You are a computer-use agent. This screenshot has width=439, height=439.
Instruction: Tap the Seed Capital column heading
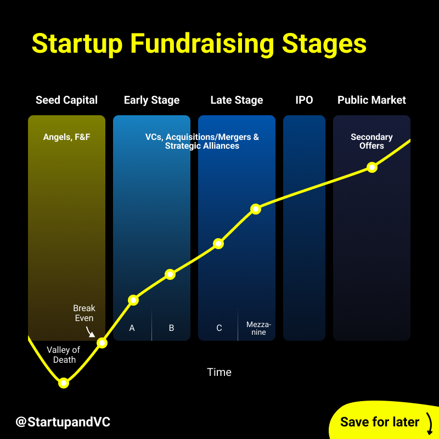point(66,100)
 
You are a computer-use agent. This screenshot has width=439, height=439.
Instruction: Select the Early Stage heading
point(151,100)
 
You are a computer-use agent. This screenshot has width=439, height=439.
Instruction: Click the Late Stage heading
point(237,100)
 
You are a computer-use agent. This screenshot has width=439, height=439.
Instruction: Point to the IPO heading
point(304,100)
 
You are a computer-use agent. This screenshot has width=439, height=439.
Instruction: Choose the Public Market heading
point(372,100)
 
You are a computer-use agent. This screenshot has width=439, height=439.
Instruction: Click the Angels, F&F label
point(66,137)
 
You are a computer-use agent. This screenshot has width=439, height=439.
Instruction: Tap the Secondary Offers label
point(372,141)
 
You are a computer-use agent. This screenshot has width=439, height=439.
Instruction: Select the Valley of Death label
point(64,354)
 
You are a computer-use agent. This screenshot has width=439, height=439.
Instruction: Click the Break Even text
point(84,313)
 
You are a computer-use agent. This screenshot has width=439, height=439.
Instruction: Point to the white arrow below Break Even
point(91,331)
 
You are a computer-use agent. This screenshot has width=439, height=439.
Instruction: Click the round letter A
point(132,328)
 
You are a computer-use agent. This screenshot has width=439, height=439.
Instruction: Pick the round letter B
point(171,328)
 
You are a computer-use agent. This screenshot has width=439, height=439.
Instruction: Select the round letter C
point(219,328)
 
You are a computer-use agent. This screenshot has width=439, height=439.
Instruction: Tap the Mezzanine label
point(258,328)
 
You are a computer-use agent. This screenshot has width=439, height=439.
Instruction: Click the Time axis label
point(219,372)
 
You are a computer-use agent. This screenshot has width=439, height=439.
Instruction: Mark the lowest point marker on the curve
point(64,382)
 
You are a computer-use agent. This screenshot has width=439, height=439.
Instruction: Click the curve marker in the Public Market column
point(372,167)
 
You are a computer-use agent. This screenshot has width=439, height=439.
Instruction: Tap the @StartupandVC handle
point(63,422)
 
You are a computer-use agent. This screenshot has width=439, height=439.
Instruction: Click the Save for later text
point(380,422)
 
